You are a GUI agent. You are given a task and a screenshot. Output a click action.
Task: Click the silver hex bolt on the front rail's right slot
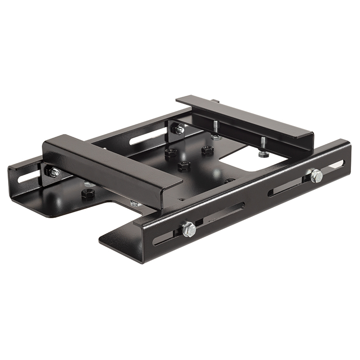(316, 175)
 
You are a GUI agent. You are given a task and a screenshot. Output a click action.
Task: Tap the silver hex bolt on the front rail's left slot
(189, 229)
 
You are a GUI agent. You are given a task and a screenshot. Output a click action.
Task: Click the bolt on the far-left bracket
(54, 172)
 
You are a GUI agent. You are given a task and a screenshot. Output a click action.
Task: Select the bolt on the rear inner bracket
(179, 130)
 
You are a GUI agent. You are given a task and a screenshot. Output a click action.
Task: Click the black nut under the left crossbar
(87, 194)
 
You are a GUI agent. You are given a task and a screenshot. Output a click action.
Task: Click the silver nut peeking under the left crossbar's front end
(135, 204)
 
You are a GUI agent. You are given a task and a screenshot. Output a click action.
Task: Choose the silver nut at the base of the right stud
(263, 154)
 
